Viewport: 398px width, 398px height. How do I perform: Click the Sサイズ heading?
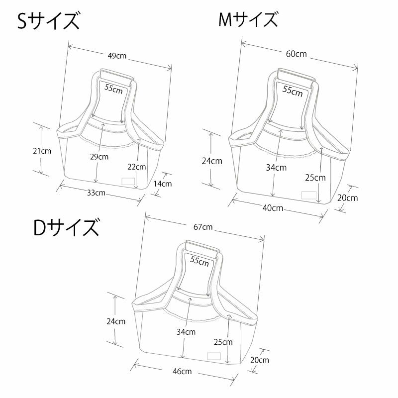pos(48,21)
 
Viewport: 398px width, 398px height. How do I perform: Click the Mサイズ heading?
pos(248,20)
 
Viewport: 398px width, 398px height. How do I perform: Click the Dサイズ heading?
pos(66,228)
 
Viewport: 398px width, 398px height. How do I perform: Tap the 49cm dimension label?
pos(117,56)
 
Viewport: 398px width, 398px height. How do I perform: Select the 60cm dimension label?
pos(296,54)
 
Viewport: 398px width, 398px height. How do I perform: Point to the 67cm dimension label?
pos(203,227)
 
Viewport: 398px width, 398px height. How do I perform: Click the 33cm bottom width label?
pos(96,193)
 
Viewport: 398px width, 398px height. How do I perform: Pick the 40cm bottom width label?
pos(273,208)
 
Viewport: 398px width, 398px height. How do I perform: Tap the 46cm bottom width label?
pos(182,371)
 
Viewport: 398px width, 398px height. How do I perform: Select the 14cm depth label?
pos(163,184)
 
